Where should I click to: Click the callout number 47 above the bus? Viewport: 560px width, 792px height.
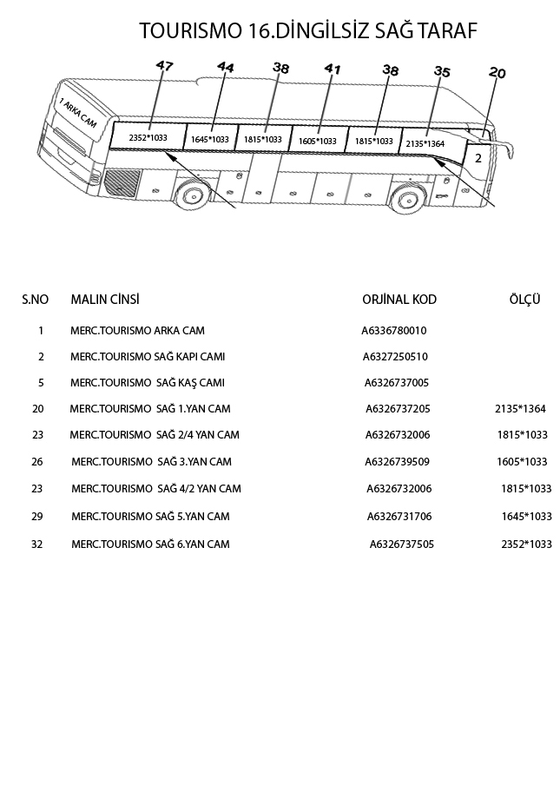164,65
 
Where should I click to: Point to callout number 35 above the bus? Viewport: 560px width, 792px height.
441,72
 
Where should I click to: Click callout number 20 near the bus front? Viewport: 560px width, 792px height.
497,73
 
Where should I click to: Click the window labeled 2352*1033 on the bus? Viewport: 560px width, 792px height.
148,137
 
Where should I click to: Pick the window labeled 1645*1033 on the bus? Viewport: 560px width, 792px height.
210,139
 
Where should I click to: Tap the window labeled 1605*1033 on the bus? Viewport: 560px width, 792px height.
317,141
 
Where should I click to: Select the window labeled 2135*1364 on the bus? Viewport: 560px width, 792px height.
425,143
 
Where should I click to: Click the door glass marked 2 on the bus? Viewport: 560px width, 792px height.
478,158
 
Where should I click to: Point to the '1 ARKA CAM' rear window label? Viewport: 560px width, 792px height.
78,114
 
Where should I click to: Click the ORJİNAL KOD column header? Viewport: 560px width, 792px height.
399,300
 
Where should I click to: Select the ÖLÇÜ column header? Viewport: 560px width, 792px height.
525,300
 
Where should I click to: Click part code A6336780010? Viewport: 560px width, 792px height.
394,331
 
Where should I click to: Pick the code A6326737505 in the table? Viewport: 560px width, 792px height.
402,544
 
